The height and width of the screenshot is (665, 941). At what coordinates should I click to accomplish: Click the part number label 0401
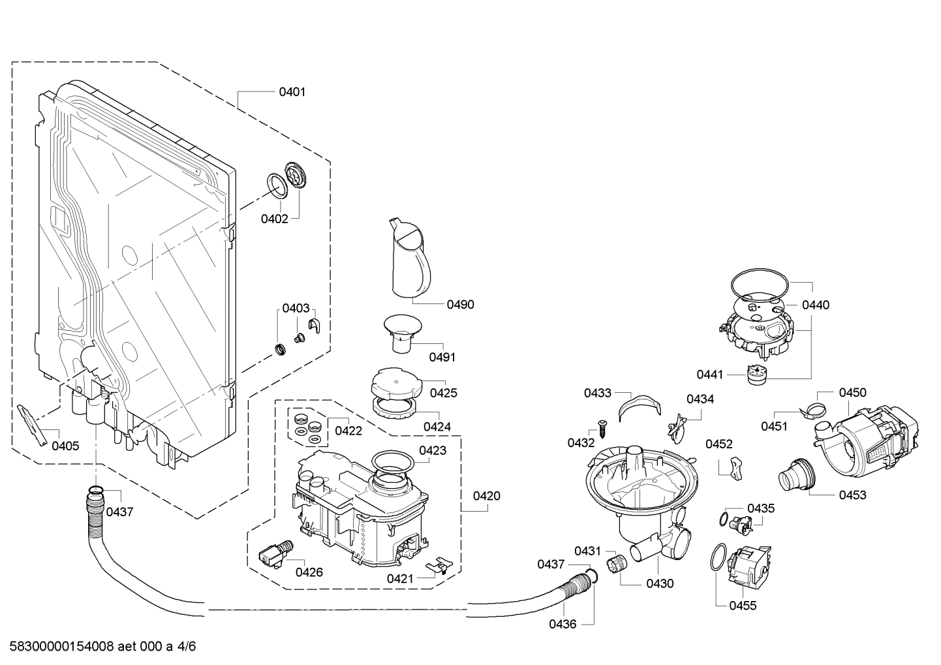[292, 92]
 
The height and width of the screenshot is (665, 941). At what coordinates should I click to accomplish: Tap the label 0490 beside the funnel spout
[461, 304]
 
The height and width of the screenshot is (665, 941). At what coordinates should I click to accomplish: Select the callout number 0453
[853, 495]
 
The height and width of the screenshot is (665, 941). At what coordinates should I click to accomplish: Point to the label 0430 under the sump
[660, 583]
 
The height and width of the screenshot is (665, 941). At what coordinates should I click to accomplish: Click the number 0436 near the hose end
[563, 624]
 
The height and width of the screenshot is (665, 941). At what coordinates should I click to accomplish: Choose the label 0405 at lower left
[65, 446]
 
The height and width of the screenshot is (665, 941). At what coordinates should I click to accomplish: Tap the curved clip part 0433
[636, 404]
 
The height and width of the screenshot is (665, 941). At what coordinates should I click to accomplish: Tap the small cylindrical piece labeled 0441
[756, 375]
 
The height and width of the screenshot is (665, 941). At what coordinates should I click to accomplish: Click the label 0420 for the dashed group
[487, 496]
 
